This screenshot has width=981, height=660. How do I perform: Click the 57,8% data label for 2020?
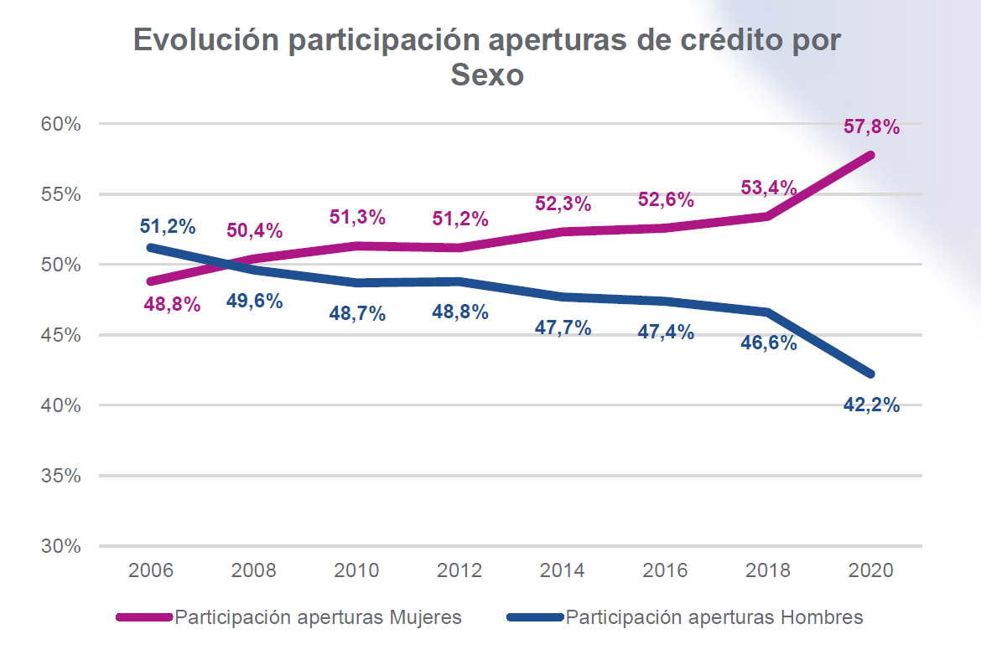872,127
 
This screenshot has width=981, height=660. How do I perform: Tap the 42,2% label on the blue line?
872,405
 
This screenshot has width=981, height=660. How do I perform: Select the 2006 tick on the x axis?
151,570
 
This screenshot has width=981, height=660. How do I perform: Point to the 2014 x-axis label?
563,570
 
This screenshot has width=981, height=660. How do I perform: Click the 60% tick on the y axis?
60,124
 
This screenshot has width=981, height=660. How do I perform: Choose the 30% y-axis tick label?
60,546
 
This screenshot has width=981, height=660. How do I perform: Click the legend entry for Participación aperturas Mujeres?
318,618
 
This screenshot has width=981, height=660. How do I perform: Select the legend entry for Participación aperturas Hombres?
714,618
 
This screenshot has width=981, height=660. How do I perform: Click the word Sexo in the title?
487,75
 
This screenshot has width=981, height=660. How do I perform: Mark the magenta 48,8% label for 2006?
172,305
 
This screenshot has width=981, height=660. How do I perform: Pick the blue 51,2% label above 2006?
168,227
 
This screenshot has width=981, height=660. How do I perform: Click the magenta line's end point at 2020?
870,155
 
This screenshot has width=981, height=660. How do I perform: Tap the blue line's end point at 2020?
870,374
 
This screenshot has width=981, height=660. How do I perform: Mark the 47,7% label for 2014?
563,327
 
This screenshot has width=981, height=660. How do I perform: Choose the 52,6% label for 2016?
666,200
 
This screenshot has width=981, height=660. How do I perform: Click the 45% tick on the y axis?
60,335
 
